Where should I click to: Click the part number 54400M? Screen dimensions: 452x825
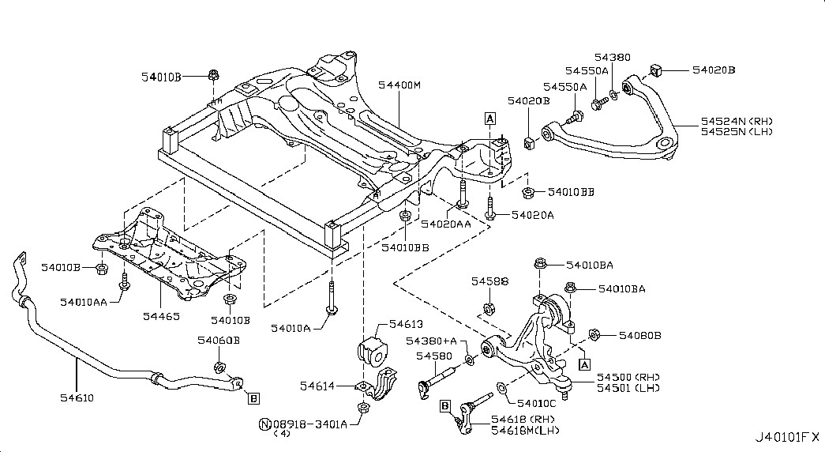click(399, 85)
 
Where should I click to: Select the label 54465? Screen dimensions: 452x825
click(163, 315)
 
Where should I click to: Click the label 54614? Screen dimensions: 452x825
click(317, 386)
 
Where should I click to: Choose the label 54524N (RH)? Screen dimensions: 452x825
click(737, 121)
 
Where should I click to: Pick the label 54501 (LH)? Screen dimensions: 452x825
click(629, 388)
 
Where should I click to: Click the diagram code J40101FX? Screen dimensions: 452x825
click(787, 436)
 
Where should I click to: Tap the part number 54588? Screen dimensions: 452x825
click(489, 281)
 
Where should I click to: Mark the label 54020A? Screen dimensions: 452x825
click(532, 214)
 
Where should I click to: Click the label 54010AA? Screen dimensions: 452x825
click(83, 301)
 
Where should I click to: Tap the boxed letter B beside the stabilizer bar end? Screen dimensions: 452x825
click(253, 398)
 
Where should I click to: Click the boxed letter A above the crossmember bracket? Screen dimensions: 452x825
click(489, 119)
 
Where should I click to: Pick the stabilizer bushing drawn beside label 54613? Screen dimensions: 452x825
click(369, 349)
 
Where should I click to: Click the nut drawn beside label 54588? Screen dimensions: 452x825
click(487, 307)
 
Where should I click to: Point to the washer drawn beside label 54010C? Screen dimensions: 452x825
click(503, 387)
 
